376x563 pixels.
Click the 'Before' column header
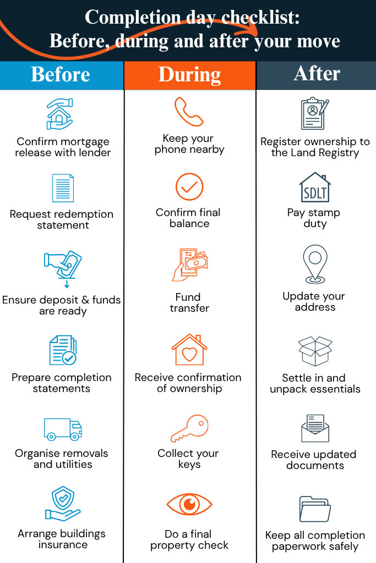pyautogui.click(x=61, y=75)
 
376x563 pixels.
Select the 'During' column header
pyautogui.click(x=190, y=75)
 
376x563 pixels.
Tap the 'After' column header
pyautogui.click(x=317, y=74)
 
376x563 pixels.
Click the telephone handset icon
pyautogui.click(x=189, y=112)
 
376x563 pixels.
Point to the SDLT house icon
pyautogui.click(x=315, y=188)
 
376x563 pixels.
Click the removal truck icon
pyautogui.click(x=63, y=429)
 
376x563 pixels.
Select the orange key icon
pyautogui.click(x=189, y=429)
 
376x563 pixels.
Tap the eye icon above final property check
pyautogui.click(x=189, y=505)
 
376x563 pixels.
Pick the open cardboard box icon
pyautogui.click(x=315, y=351)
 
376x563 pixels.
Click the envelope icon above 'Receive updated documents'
pyautogui.click(x=315, y=429)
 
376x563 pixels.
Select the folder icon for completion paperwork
pyautogui.click(x=315, y=509)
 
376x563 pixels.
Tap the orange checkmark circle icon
pyautogui.click(x=189, y=187)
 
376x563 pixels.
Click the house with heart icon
pyautogui.click(x=189, y=350)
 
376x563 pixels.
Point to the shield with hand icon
pyautogui.click(x=63, y=506)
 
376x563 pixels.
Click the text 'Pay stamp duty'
pyautogui.click(x=314, y=218)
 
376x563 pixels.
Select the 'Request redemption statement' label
pyautogui.click(x=62, y=220)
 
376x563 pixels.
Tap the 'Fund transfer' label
pyautogui.click(x=189, y=303)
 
